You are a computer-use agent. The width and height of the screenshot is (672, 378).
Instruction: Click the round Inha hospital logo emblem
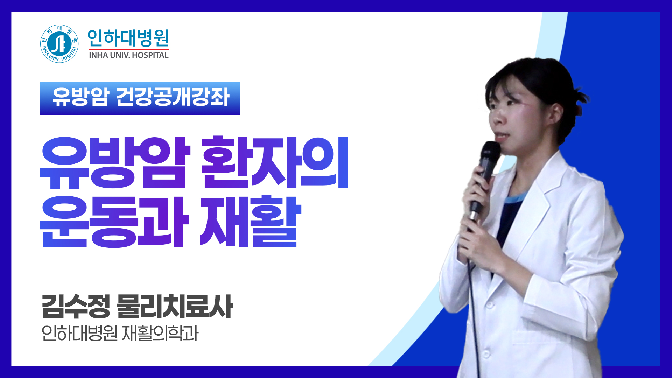[59, 44]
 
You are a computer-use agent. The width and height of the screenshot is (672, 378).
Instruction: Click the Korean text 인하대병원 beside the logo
[128, 38]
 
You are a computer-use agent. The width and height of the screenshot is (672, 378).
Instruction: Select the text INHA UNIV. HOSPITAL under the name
[128, 55]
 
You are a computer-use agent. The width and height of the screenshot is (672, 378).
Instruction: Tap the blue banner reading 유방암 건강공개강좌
[140, 98]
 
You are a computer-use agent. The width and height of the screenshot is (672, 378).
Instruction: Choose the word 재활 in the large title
[250, 222]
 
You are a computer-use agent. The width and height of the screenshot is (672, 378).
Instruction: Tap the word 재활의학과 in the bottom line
[160, 333]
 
